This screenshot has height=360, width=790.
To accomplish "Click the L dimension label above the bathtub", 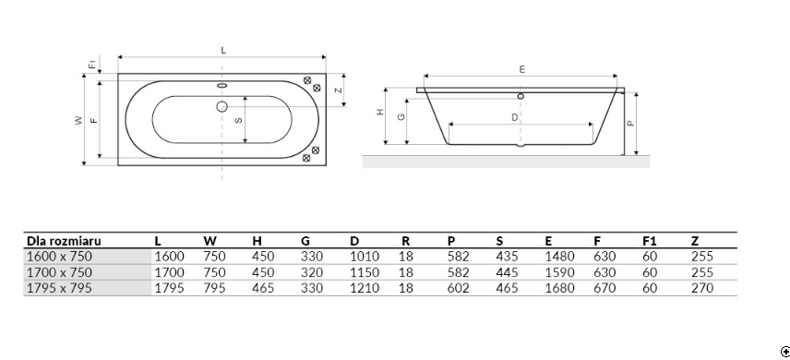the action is [223, 51].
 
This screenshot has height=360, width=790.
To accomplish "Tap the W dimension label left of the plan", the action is [78, 120].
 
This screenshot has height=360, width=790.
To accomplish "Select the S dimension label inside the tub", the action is [239, 120].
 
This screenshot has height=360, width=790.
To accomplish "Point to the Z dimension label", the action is [339, 90].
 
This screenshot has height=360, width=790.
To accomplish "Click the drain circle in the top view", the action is [221, 106].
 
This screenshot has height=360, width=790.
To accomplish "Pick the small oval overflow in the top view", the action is [221, 85].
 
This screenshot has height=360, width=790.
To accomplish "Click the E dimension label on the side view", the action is [522, 69].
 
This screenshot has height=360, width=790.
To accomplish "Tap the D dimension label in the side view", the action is [514, 117].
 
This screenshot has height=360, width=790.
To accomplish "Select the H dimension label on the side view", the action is [380, 112].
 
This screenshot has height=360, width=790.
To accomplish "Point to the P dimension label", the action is [630, 123].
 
